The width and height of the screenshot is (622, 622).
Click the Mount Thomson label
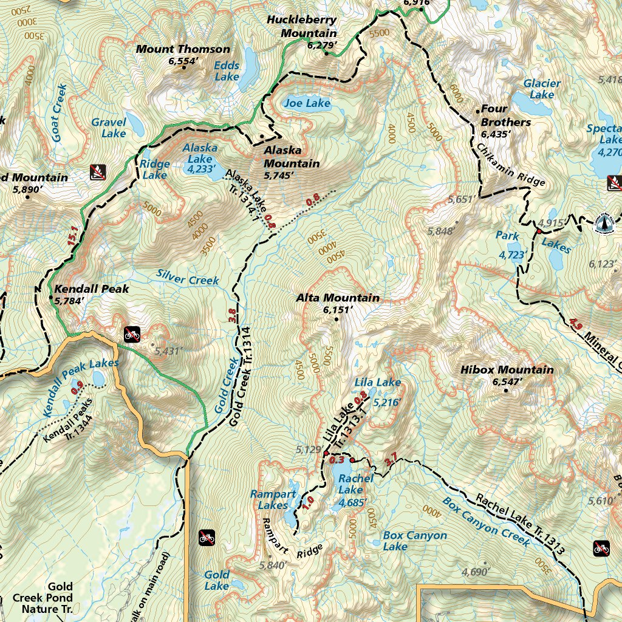[183, 49]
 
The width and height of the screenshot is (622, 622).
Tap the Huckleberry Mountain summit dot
[326, 53]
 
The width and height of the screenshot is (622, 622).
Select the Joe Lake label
[307, 103]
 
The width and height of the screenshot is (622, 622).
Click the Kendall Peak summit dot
[50, 297]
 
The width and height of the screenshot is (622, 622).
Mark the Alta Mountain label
[338, 298]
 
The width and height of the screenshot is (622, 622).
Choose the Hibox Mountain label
[507, 370]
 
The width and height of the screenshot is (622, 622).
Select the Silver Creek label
[187, 279]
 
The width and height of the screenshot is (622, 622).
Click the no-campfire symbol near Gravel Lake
[97, 173]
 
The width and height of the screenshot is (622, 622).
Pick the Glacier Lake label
[542, 89]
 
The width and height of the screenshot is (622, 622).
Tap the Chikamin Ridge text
[510, 165]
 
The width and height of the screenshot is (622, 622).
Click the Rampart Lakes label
[273, 499]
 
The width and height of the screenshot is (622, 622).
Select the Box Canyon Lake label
[415, 541]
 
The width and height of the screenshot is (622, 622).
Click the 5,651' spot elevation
[460, 199]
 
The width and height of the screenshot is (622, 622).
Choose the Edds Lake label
[227, 71]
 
